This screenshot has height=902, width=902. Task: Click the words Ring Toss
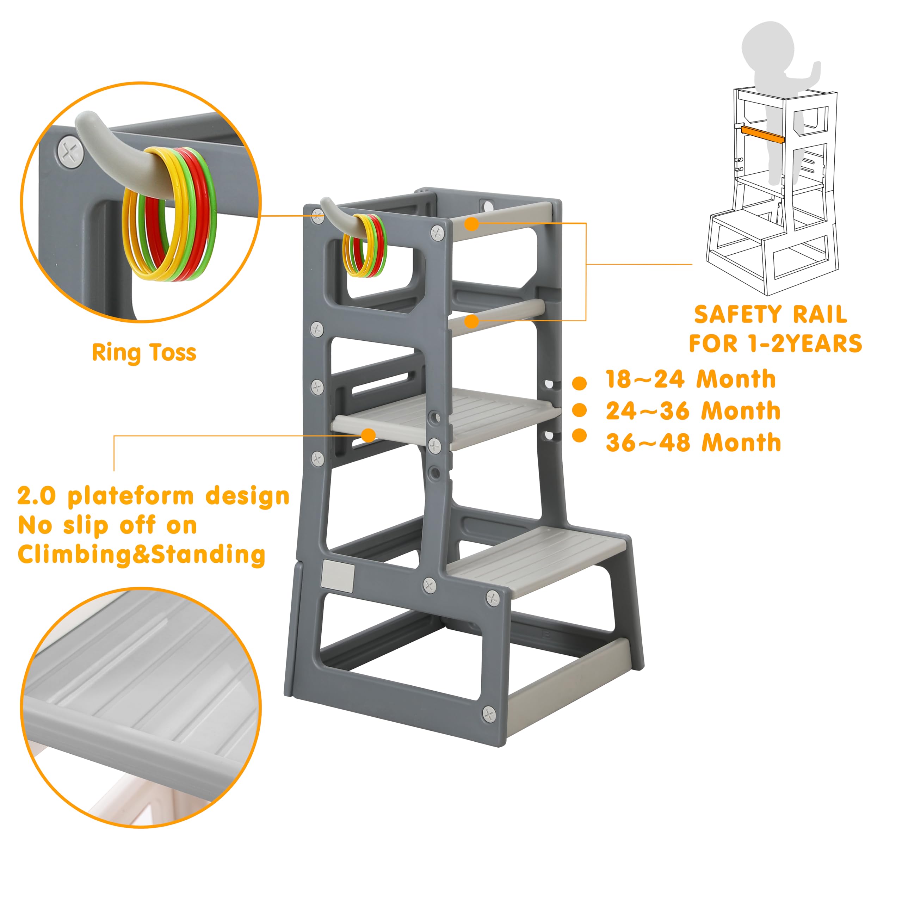[x=144, y=353]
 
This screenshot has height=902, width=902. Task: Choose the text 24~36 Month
[x=693, y=411]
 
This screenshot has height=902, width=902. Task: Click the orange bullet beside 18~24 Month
[x=579, y=383]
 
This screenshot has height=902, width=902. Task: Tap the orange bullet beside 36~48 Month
[x=579, y=435]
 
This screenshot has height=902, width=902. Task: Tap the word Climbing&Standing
[x=141, y=555]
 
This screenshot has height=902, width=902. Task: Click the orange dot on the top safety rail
[x=472, y=224]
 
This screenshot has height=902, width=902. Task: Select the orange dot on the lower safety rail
[x=472, y=321]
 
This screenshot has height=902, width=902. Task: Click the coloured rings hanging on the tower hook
[x=365, y=246]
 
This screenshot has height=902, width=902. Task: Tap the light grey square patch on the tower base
[x=338, y=576]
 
